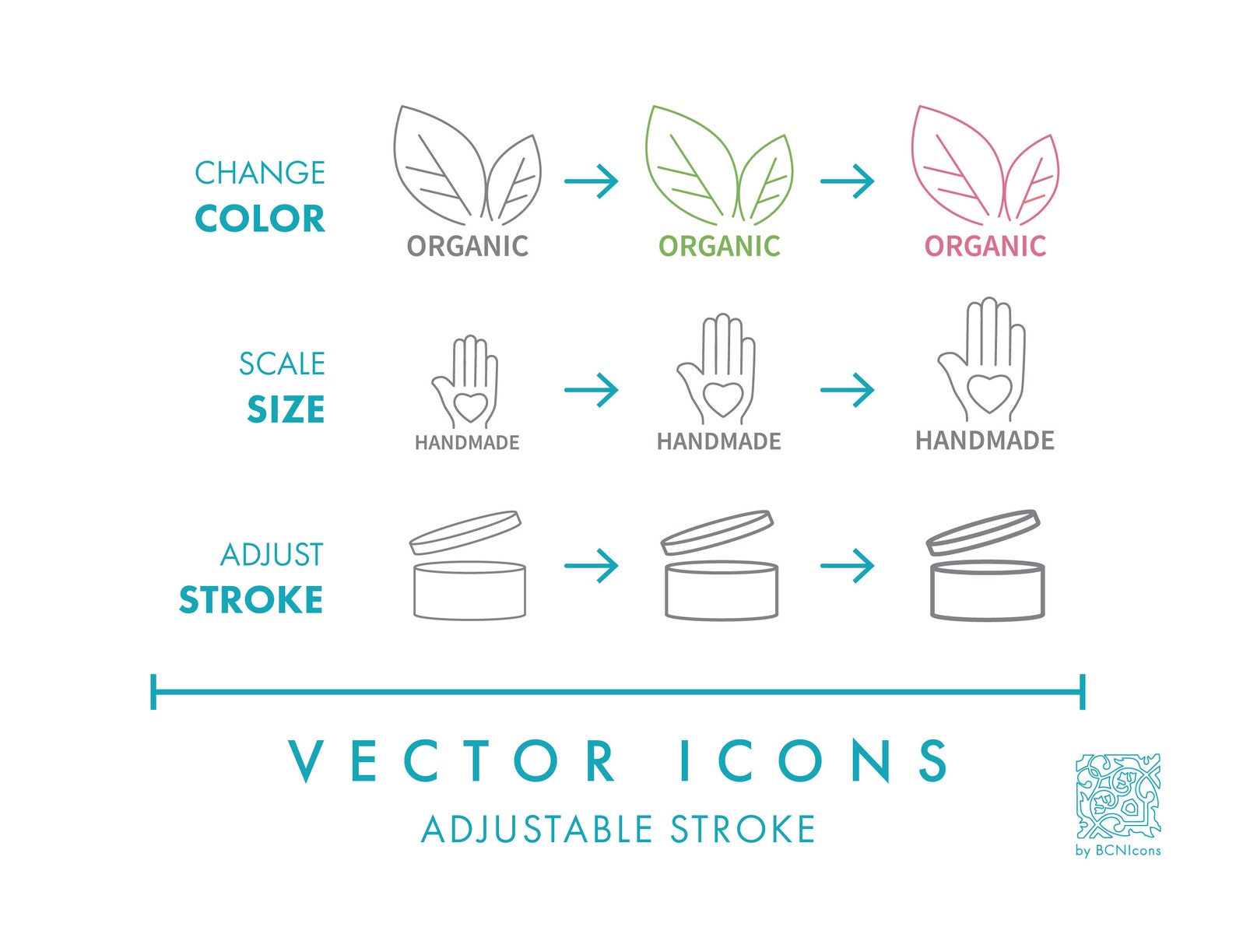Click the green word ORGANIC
tap(719, 247)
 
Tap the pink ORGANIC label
tap(985, 247)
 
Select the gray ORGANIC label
tap(467, 247)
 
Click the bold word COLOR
tap(260, 219)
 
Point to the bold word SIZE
tap(286, 410)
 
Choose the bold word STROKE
tap(251, 600)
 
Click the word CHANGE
tap(260, 173)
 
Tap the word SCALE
tap(282, 364)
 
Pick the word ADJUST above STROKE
tap(272, 555)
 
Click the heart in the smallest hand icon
tap(470, 405)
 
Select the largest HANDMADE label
tap(985, 441)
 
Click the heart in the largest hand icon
tap(989, 392)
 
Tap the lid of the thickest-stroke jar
tap(983, 532)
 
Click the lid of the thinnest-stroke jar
tap(465, 532)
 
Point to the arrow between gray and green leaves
tap(592, 181)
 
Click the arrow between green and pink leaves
tap(848, 181)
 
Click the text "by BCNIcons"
tap(1118, 850)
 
